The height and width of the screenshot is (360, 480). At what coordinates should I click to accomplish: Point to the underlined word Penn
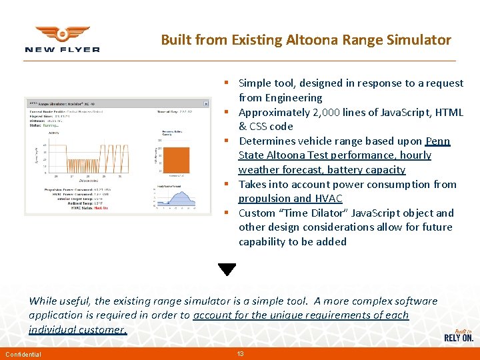(x=437, y=141)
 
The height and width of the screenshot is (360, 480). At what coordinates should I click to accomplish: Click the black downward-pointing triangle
(x=227, y=269)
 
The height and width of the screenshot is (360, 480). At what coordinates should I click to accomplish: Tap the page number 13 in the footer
(x=240, y=353)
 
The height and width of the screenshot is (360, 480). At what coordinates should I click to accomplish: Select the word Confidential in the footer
(x=23, y=354)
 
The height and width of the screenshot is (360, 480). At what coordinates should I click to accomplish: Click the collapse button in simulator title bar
(x=206, y=103)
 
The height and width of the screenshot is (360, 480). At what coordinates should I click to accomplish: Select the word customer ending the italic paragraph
(x=101, y=329)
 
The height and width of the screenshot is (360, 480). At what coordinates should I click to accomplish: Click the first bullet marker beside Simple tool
(x=227, y=83)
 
